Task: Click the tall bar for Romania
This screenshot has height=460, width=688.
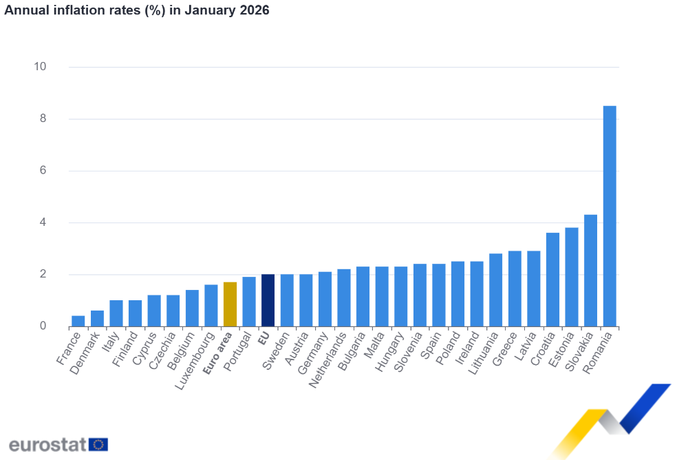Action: (x=610, y=216)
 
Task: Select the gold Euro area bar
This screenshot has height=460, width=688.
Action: (x=230, y=304)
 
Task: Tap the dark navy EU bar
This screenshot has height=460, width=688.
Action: (x=268, y=300)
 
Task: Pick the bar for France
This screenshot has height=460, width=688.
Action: (x=78, y=321)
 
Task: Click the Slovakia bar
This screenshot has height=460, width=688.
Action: (x=590, y=271)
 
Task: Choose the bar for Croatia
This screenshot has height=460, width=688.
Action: (x=552, y=280)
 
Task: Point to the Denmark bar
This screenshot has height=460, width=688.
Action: (x=97, y=318)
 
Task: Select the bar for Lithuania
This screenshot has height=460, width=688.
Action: (x=495, y=290)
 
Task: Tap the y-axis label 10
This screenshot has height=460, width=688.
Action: (x=39, y=67)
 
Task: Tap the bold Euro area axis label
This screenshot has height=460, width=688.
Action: (x=218, y=353)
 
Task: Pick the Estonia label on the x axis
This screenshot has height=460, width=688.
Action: (x=560, y=351)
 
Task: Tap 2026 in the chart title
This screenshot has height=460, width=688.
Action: (x=255, y=10)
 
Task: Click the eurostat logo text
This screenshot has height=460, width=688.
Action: (x=47, y=443)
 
